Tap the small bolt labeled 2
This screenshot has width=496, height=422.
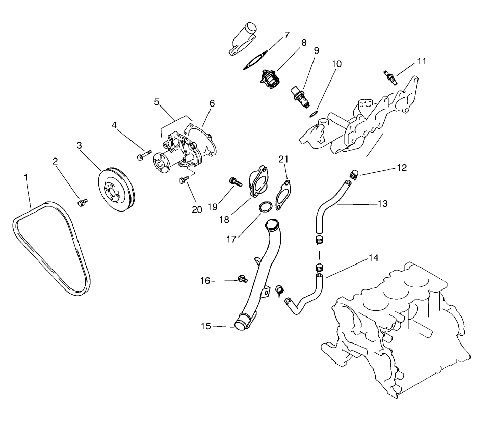81,203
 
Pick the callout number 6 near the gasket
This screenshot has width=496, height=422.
212,103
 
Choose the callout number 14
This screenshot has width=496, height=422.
374,258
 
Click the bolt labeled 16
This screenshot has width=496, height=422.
241,278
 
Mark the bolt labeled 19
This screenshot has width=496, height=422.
234,181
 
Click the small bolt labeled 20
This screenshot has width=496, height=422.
184,179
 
